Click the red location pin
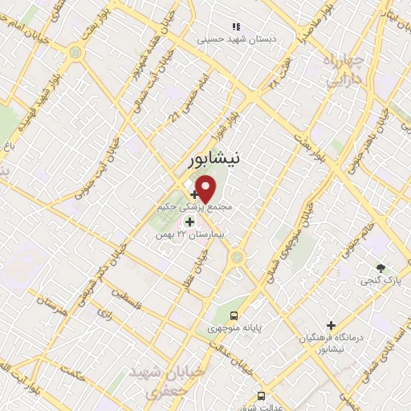(206, 189)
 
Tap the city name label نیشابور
(212, 160)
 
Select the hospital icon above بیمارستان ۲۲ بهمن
(190, 221)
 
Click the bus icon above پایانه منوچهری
(234, 315)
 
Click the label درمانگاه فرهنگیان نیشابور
(331, 344)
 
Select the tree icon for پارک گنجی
(380, 267)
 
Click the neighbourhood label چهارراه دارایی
(344, 70)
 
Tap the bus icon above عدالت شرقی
(261, 396)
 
